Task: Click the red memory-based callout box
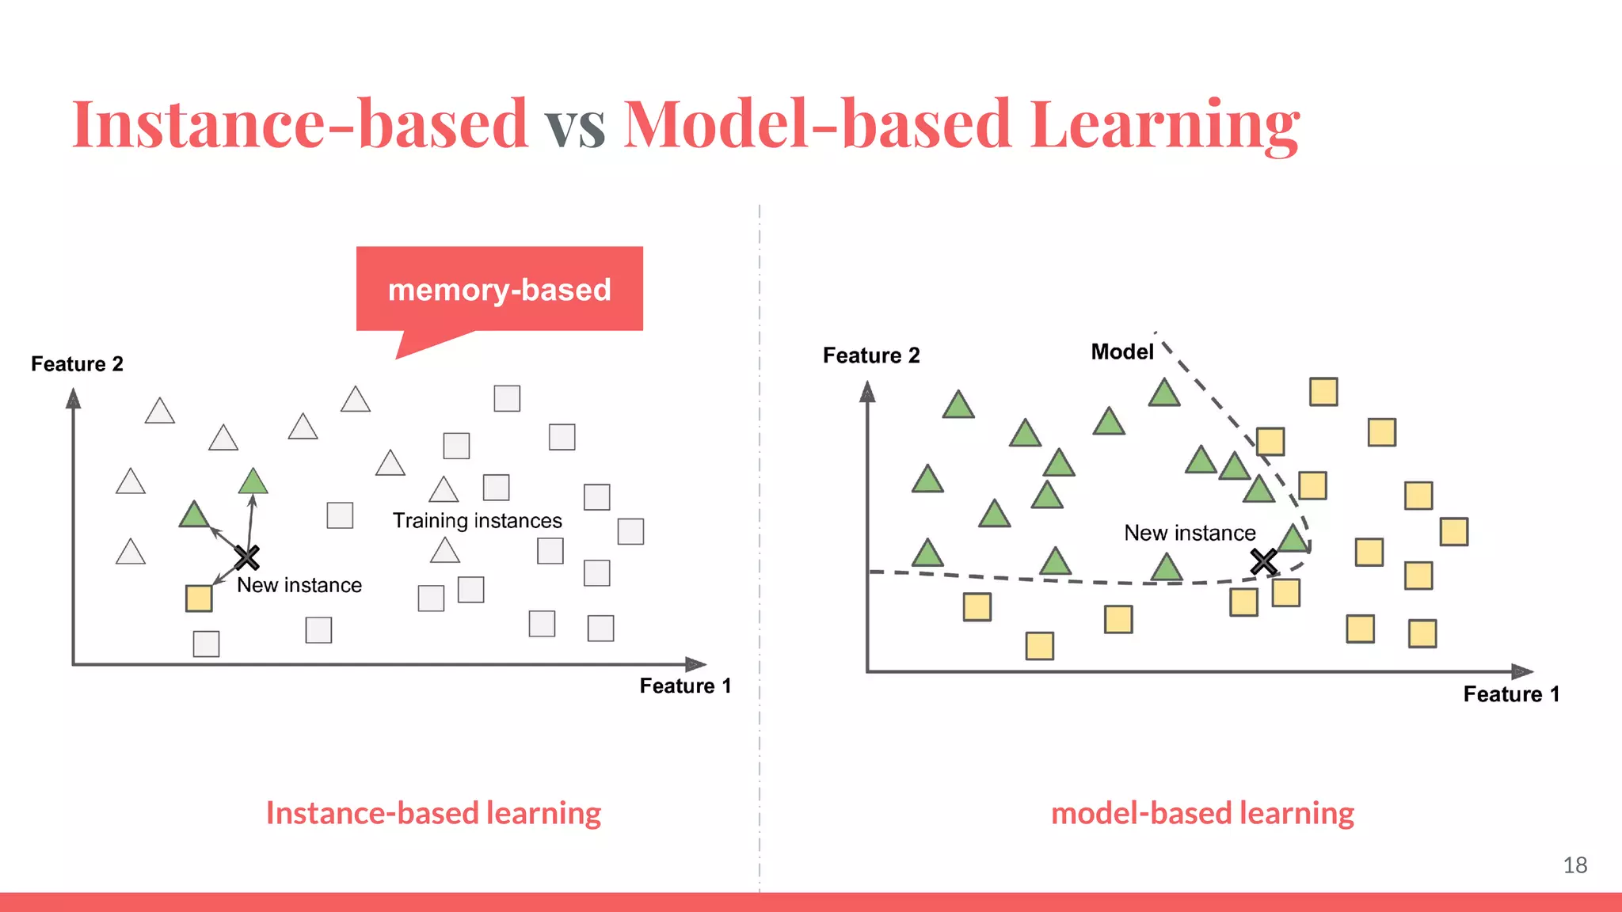pos(499,289)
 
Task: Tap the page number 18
pos(1574,865)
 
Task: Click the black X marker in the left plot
pos(247,557)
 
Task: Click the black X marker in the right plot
pos(1263,562)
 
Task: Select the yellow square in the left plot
pos(199,598)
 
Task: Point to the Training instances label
pos(477,521)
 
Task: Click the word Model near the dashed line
pos(1121,352)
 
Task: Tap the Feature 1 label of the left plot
pos(685,686)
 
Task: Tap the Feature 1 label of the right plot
pos(1511,694)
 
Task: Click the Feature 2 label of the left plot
pos(77,364)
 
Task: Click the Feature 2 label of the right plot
pos(871,355)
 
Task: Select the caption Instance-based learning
pos(433,813)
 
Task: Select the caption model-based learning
pos(1202,813)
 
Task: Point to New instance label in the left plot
pos(299,585)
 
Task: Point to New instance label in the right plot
pos(1190,533)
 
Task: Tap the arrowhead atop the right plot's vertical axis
pos(867,392)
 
